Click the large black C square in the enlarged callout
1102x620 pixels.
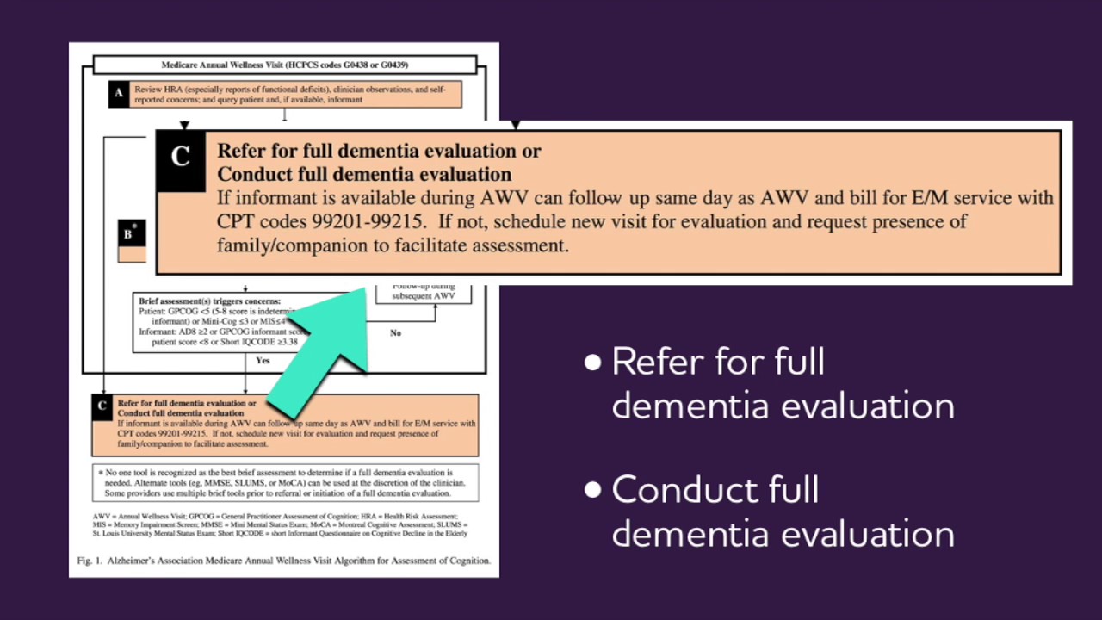click(x=181, y=158)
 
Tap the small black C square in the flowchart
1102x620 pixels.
click(x=102, y=406)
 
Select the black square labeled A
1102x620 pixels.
click(x=119, y=93)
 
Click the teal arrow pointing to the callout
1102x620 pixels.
click(x=327, y=344)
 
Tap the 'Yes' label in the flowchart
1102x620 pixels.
click(x=263, y=361)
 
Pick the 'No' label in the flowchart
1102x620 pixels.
click(x=395, y=332)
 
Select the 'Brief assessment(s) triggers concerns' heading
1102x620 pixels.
click(x=209, y=301)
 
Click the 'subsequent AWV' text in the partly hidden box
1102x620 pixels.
click(x=424, y=295)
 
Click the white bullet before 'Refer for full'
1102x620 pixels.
click(x=592, y=363)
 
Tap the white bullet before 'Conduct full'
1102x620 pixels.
click(x=592, y=491)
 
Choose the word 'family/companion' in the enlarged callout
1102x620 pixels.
click(x=284, y=245)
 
